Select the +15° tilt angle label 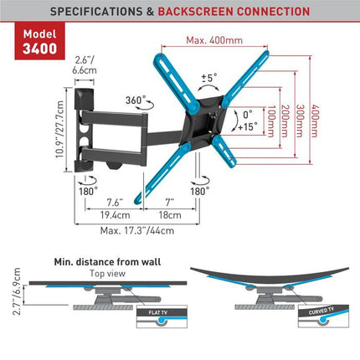pos(251,127)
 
